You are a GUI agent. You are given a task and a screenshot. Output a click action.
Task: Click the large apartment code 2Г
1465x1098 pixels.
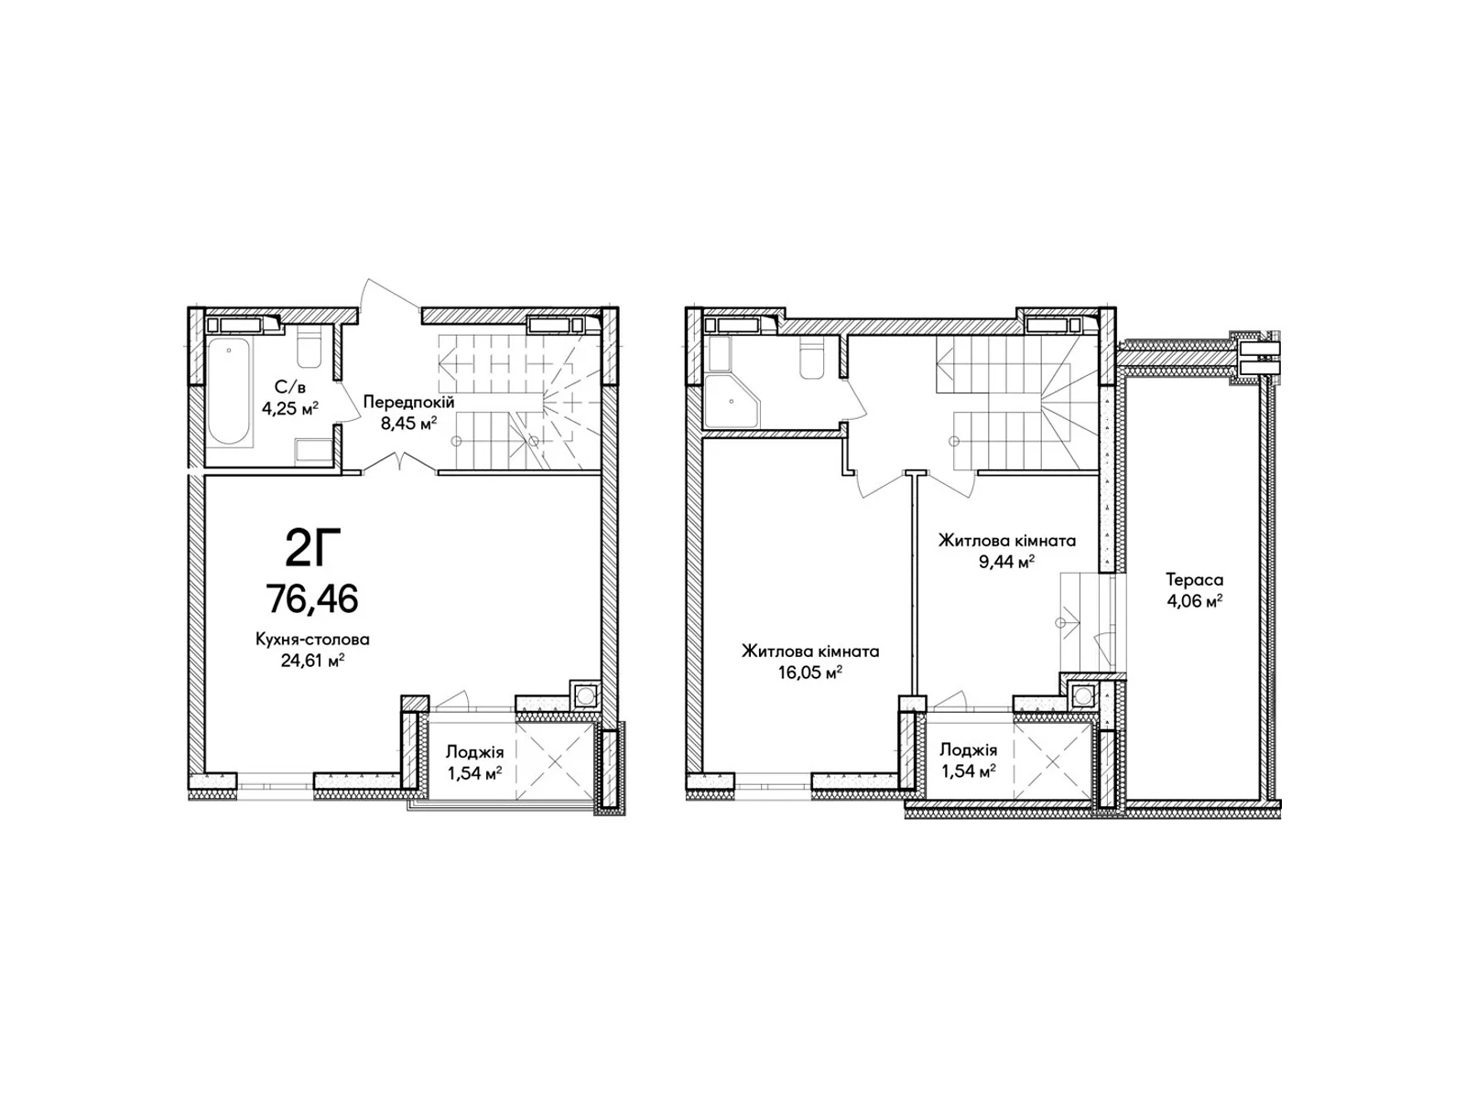(x=312, y=548)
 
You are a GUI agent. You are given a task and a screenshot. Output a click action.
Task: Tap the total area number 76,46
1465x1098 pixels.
(x=312, y=598)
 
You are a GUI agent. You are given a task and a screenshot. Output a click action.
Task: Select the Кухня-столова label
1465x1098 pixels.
(x=312, y=640)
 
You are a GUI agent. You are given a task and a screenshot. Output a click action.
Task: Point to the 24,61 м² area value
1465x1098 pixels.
(x=312, y=661)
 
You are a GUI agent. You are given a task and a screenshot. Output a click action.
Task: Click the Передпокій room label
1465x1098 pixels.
(x=408, y=402)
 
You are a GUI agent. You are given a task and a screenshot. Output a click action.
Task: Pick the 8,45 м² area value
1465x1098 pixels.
(x=408, y=423)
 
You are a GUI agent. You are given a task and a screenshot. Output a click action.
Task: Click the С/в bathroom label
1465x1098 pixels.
(x=289, y=387)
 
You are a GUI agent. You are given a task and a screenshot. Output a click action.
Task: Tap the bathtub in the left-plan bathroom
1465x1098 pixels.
(x=230, y=392)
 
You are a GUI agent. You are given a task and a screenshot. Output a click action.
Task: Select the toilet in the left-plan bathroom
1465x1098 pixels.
(x=309, y=347)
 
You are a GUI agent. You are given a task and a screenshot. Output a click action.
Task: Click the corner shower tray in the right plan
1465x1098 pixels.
(x=732, y=402)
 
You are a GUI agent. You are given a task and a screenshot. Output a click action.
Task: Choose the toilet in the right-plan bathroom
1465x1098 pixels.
(x=811, y=359)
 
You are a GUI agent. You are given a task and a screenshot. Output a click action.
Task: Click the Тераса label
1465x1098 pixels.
(x=1194, y=579)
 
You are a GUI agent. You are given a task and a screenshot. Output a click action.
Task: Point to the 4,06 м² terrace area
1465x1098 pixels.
(x=1194, y=601)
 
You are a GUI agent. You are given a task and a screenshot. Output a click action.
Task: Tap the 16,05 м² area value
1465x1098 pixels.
(x=809, y=673)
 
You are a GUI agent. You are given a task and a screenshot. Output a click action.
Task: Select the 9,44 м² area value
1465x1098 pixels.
(x=1006, y=562)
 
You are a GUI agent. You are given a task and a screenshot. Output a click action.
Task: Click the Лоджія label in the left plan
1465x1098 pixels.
(x=474, y=752)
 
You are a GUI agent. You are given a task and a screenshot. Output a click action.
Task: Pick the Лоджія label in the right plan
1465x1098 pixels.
(x=969, y=749)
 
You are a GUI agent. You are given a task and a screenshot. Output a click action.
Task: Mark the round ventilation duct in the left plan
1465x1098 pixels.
(x=585, y=695)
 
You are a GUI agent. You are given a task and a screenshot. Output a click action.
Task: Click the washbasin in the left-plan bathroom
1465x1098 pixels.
(x=313, y=451)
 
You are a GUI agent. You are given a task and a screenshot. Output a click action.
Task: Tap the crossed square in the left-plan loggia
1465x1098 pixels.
(x=555, y=760)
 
